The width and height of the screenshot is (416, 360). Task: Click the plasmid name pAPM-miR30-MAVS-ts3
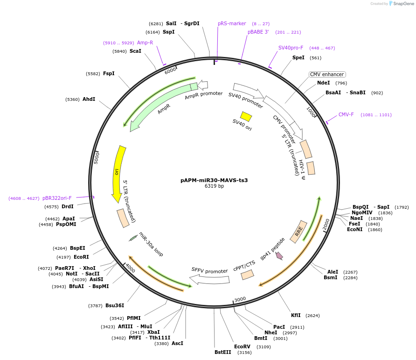click(214, 180)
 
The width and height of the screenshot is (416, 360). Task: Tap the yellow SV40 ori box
click(246, 116)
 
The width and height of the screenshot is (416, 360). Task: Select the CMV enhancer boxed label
click(327, 74)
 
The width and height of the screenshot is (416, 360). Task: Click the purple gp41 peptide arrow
click(279, 255)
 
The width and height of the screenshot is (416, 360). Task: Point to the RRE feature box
click(298, 231)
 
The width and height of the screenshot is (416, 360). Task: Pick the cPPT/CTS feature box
click(247, 275)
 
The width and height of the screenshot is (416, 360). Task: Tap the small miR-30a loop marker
click(133, 238)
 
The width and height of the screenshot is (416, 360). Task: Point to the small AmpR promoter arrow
click(203, 85)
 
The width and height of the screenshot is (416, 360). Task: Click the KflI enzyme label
click(296, 315)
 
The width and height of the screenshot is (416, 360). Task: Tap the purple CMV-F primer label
click(346, 114)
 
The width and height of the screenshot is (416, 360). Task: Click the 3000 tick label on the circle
click(240, 299)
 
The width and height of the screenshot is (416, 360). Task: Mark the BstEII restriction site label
click(222, 352)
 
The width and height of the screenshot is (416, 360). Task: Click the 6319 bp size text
click(214, 186)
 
